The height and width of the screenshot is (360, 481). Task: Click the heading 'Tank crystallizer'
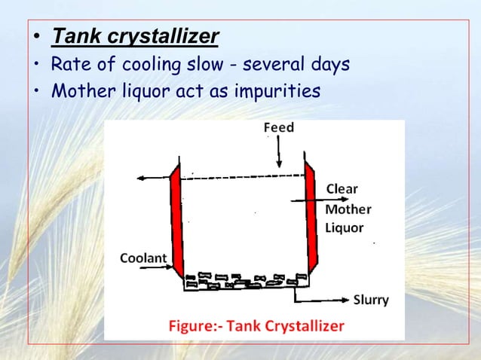136,36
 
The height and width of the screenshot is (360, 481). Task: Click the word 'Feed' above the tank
278,128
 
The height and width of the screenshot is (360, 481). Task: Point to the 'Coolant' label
144,258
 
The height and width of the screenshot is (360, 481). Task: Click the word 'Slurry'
371,300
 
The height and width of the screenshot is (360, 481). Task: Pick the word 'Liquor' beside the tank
345,227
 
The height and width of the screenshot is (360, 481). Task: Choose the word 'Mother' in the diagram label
348,208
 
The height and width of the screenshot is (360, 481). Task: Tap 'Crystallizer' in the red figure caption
305,326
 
